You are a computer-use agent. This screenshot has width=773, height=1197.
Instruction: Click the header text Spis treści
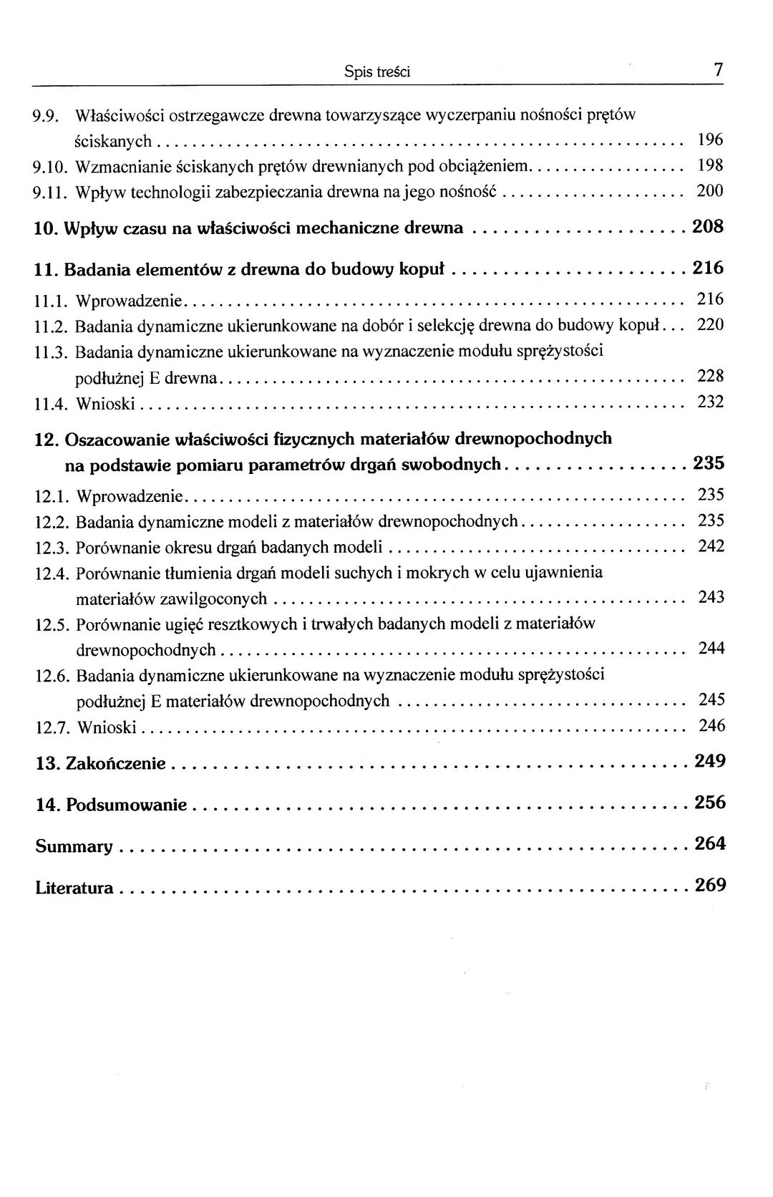coord(376,72)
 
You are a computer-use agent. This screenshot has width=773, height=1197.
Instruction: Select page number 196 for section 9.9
coord(710,140)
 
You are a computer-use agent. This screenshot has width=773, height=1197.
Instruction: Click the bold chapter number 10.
coord(46,229)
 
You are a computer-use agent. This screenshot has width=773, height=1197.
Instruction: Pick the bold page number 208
coord(709,228)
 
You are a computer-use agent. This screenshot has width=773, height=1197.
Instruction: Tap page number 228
coord(711,376)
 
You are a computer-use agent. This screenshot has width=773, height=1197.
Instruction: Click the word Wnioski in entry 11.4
coord(105,404)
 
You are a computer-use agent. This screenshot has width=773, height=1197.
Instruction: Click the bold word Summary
coord(74,847)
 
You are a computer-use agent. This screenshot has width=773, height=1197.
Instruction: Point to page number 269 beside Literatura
coord(710,885)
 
